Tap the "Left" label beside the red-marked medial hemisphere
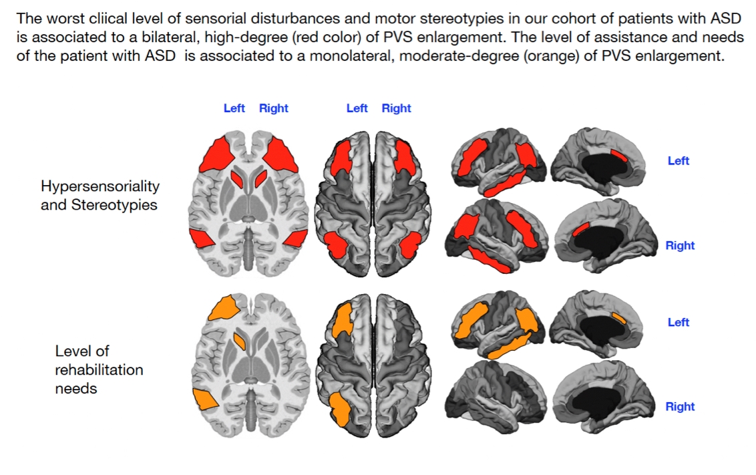(x=678, y=161)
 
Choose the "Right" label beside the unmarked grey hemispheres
(x=680, y=406)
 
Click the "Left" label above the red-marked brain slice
(x=234, y=108)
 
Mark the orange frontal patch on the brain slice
(x=224, y=309)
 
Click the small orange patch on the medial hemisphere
(x=619, y=318)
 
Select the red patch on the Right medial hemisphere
(x=580, y=231)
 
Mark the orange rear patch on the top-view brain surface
(x=341, y=408)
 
